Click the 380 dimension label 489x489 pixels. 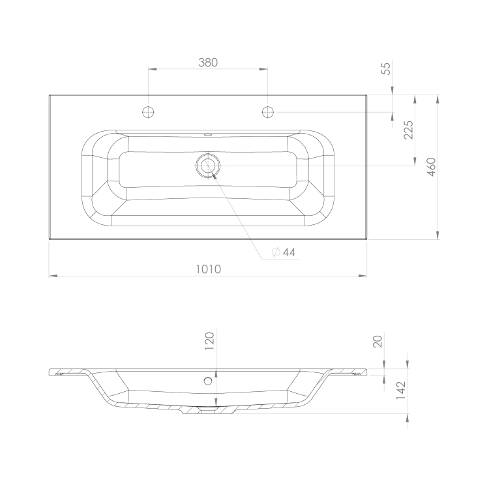tap(208, 63)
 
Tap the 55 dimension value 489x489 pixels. tap(386, 68)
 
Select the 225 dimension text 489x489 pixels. tap(408, 130)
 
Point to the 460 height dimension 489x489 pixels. tap(431, 167)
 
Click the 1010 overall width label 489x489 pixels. tap(209, 269)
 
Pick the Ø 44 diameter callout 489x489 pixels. tap(284, 252)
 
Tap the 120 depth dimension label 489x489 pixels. tap(209, 341)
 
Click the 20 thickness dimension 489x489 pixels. tap(378, 342)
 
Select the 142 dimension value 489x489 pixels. tap(400, 391)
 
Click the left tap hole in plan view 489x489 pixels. tap(148, 112)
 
